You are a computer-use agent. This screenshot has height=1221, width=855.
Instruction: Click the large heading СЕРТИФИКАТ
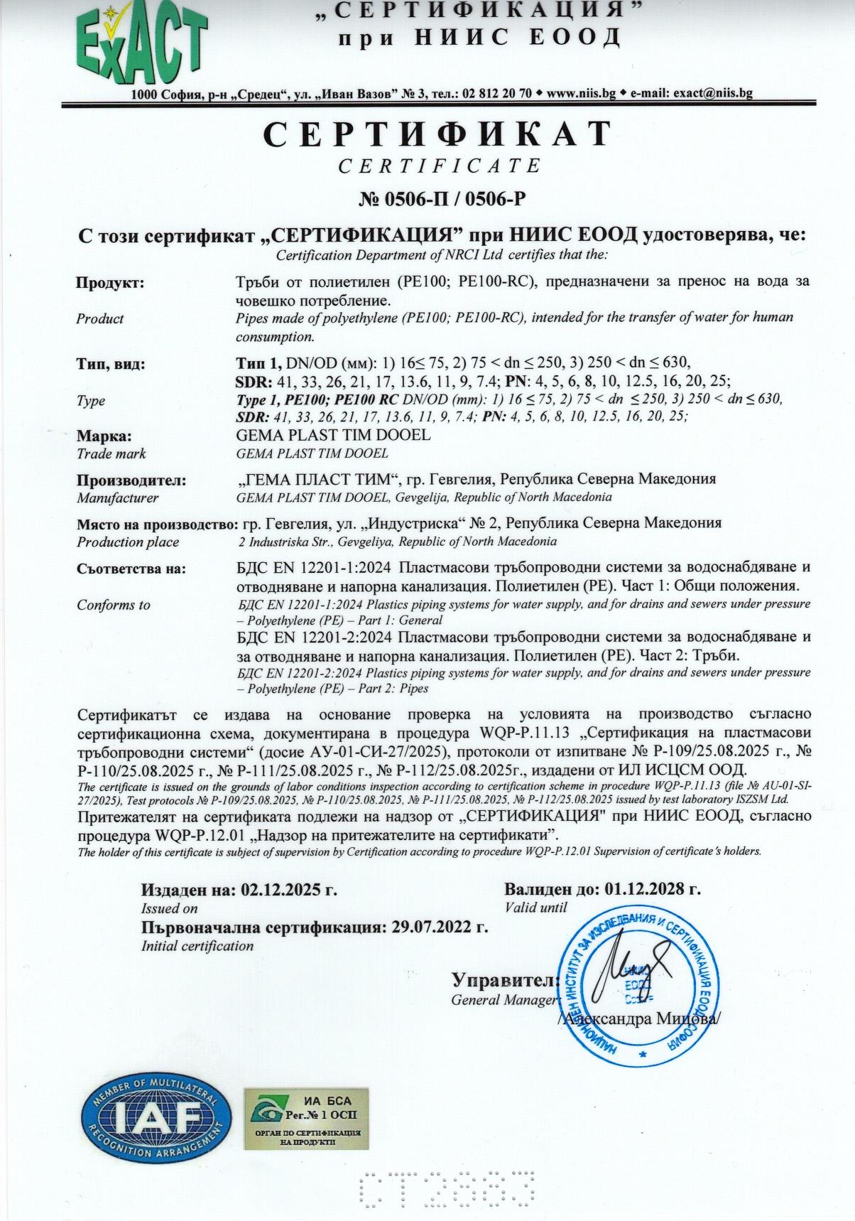point(437,134)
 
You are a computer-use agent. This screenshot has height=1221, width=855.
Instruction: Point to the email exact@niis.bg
point(712,93)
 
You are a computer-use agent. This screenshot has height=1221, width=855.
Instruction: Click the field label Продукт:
point(110,283)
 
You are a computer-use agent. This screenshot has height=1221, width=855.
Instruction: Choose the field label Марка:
point(104,436)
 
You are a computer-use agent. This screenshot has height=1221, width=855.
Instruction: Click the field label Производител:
point(131,480)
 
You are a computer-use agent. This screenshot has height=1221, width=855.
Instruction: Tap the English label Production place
point(128,542)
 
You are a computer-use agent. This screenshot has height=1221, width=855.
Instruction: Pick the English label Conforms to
point(114,605)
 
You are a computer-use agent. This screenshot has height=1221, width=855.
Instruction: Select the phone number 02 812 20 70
point(496,93)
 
